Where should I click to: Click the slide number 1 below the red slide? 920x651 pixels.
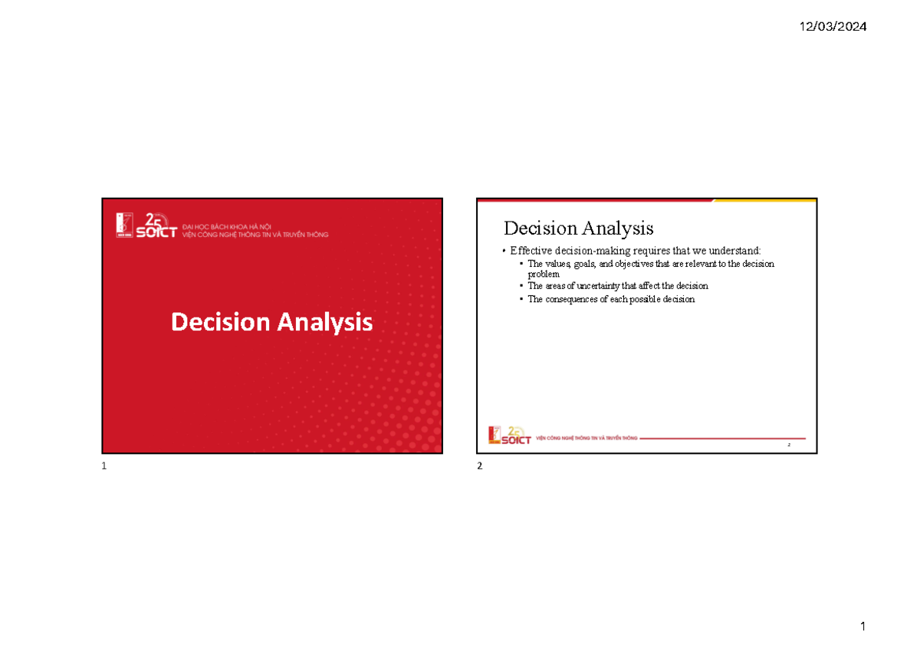click(103, 468)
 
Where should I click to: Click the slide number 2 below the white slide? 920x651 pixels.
click(480, 468)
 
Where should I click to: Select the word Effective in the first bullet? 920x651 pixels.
click(529, 251)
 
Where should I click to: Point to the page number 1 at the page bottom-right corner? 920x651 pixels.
click(863, 627)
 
